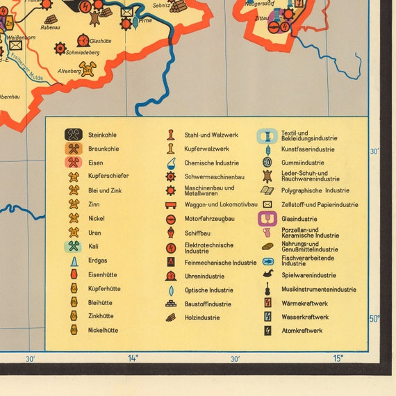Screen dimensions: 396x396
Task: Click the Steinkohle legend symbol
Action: pyautogui.click(x=74, y=135)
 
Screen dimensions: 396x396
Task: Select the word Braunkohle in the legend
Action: pyautogui.click(x=104, y=149)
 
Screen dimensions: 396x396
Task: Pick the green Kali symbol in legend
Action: pyautogui.click(x=74, y=246)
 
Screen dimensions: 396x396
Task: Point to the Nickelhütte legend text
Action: pyautogui.click(x=103, y=330)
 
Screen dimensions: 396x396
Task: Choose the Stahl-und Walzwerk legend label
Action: pyautogui.click(x=211, y=135)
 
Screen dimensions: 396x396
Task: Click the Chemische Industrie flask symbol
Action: pyautogui.click(x=171, y=163)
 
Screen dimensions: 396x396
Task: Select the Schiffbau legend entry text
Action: pyautogui.click(x=197, y=233)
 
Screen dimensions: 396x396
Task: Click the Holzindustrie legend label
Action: pyautogui.click(x=202, y=317)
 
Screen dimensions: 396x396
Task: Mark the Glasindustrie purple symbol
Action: pyautogui.click(x=267, y=219)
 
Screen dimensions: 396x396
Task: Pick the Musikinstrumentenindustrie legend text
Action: pyautogui.click(x=318, y=290)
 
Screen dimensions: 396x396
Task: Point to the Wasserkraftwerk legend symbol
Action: pyautogui.click(x=267, y=317)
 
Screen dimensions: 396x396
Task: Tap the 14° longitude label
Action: pyautogui.click(x=133, y=358)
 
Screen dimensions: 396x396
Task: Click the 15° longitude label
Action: pyautogui.click(x=337, y=358)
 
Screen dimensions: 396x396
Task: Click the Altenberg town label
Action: pyautogui.click(x=69, y=70)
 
